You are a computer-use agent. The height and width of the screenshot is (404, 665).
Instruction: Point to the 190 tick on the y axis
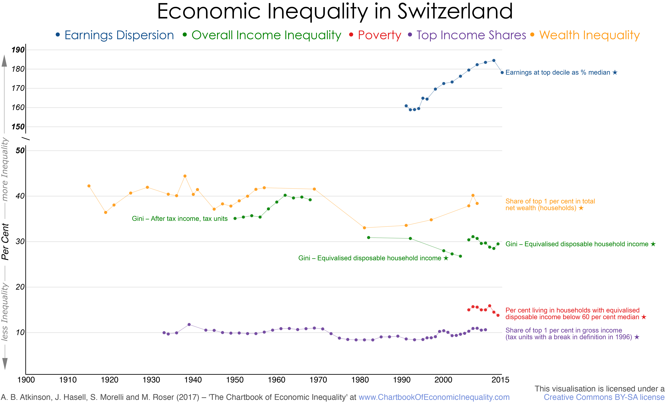click(18, 50)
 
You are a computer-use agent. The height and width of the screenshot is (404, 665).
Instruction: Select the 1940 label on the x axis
click(193, 380)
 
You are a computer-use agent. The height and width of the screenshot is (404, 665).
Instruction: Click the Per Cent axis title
click(5, 242)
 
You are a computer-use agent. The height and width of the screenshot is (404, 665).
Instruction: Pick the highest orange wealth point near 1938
click(185, 176)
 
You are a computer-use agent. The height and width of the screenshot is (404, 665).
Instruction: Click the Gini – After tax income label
click(180, 219)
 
